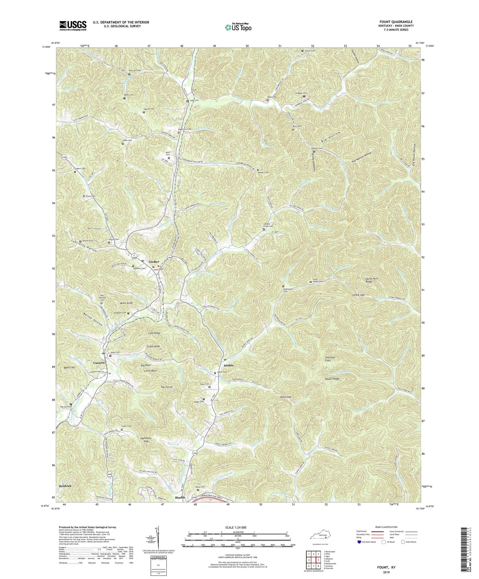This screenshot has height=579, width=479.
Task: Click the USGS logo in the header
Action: click(73, 26)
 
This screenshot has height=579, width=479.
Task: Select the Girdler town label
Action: click(154, 262)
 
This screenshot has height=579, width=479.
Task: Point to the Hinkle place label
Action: click(229, 365)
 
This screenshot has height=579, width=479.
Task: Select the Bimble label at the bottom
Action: click(180, 497)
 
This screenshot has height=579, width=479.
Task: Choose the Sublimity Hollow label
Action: click(84, 246)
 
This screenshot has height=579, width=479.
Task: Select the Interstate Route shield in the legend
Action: click(360, 542)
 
